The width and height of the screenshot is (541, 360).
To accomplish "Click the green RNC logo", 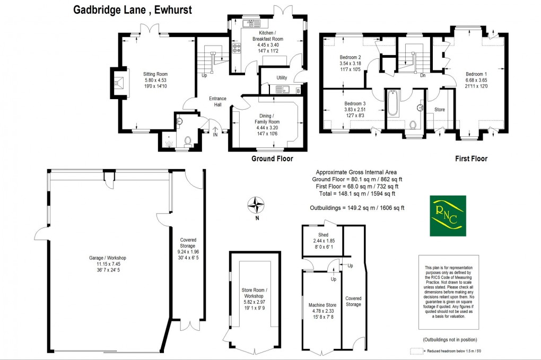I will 448,216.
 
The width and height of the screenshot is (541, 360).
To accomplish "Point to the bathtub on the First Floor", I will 392,102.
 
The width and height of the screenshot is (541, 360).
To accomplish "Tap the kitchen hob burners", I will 236,48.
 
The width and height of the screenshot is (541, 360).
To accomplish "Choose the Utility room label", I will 281,78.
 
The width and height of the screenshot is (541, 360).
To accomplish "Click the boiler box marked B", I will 298,91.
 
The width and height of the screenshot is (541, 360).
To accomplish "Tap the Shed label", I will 323,235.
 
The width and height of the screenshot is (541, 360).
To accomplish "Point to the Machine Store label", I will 322,305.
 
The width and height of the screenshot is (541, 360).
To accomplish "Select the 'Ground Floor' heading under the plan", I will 272,159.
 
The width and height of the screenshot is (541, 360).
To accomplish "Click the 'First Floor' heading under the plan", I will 471,159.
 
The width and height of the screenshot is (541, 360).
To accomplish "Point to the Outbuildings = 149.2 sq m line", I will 357,208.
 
